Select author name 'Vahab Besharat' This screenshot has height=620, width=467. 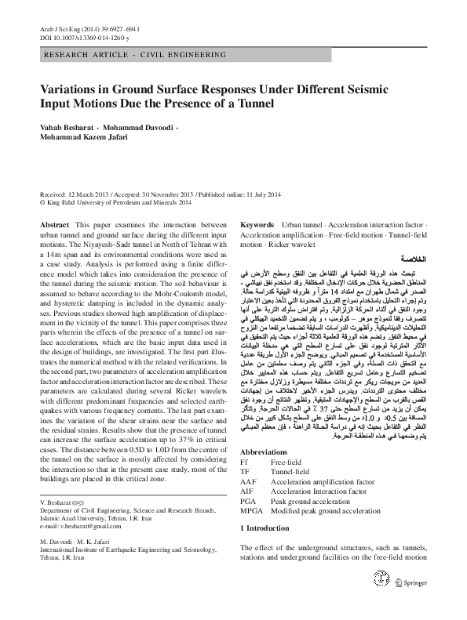tap(70, 126)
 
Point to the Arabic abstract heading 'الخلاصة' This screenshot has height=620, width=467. tap(413, 257)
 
